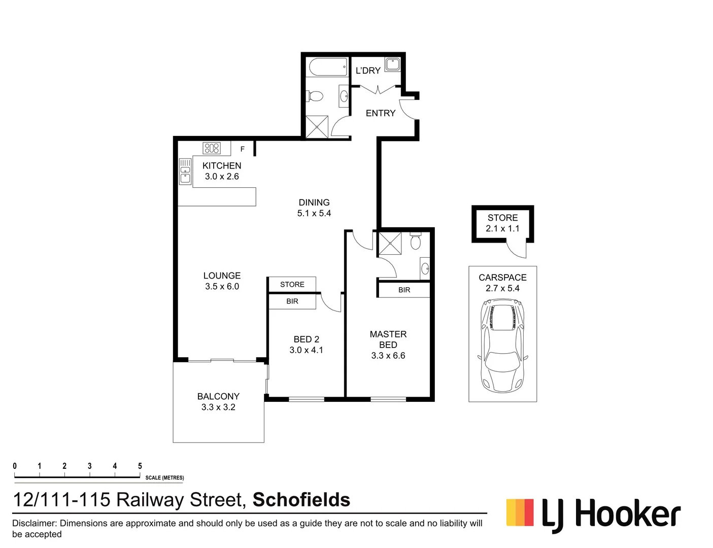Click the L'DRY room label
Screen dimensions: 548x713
[x=368, y=71]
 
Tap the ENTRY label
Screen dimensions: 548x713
[x=381, y=113]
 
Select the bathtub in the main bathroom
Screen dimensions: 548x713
[x=327, y=67]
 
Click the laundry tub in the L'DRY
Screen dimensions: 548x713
[x=392, y=64]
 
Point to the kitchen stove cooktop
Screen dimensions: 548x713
[x=212, y=148]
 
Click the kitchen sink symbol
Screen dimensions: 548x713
[x=185, y=171]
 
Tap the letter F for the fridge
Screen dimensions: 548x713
[x=243, y=149]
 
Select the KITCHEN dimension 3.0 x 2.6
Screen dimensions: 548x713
[x=222, y=177]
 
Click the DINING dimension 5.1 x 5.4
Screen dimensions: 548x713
[x=314, y=213]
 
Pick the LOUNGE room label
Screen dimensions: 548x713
[x=222, y=276]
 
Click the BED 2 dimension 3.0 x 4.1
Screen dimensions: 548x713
[x=306, y=350]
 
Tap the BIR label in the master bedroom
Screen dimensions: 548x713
[x=404, y=290]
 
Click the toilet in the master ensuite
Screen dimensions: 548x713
[x=416, y=242]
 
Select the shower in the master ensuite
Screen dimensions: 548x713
[x=389, y=244]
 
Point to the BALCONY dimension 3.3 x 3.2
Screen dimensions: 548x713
[x=218, y=407]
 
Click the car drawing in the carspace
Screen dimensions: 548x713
[x=502, y=345]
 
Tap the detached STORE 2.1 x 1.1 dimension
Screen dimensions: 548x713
[x=502, y=228]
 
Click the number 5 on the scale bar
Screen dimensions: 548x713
[x=140, y=466]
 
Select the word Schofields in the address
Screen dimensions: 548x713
[x=301, y=500]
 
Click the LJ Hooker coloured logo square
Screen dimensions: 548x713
[x=520, y=512]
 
